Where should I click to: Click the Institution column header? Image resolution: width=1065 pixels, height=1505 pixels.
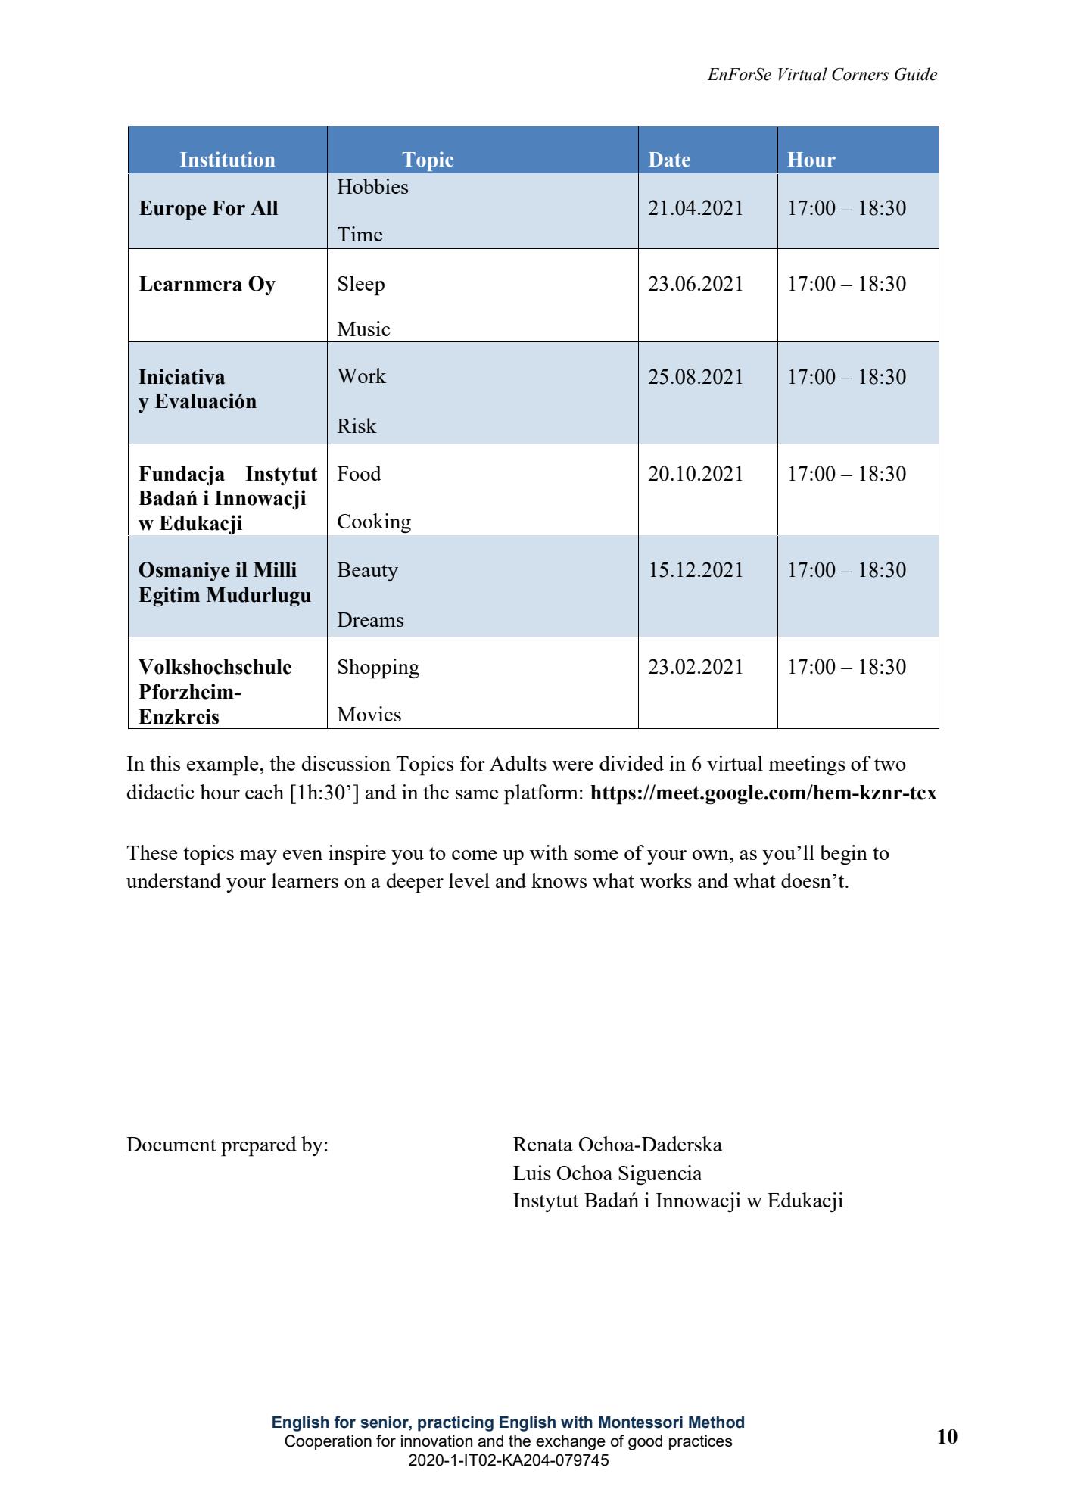tap(227, 160)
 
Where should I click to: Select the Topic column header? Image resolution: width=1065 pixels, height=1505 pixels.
tap(428, 160)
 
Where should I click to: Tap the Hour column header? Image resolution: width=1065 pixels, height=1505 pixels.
tap(811, 160)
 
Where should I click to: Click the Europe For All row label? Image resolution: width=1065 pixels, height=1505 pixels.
tap(208, 208)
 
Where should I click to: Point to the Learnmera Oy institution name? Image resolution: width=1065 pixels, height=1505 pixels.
tap(207, 284)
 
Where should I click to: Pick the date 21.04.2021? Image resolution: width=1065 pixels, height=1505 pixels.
tap(696, 208)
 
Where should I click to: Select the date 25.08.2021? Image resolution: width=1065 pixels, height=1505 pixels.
tap(696, 377)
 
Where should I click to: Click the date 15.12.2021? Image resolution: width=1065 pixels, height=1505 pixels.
tap(696, 570)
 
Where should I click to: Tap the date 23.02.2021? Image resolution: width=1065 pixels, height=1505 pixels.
tap(696, 667)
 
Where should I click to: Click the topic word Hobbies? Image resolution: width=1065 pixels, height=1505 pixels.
tap(372, 187)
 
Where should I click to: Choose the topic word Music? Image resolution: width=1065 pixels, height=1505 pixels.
tap(363, 329)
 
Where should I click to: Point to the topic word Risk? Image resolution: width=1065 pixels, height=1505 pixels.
tap(357, 426)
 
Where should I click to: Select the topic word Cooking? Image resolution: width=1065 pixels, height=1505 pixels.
tap(374, 522)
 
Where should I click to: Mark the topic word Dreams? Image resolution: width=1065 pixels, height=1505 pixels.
tap(370, 620)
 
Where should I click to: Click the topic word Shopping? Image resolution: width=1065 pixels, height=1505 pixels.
tap(378, 667)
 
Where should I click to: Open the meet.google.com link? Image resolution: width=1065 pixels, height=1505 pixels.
tap(763, 793)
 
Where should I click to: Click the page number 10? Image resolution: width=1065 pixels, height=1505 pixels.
tap(947, 1437)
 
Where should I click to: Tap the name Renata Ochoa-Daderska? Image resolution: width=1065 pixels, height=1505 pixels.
tap(617, 1145)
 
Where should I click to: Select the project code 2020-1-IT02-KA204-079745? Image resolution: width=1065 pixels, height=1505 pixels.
tap(508, 1461)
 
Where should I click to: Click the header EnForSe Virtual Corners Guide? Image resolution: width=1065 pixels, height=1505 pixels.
tap(822, 75)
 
